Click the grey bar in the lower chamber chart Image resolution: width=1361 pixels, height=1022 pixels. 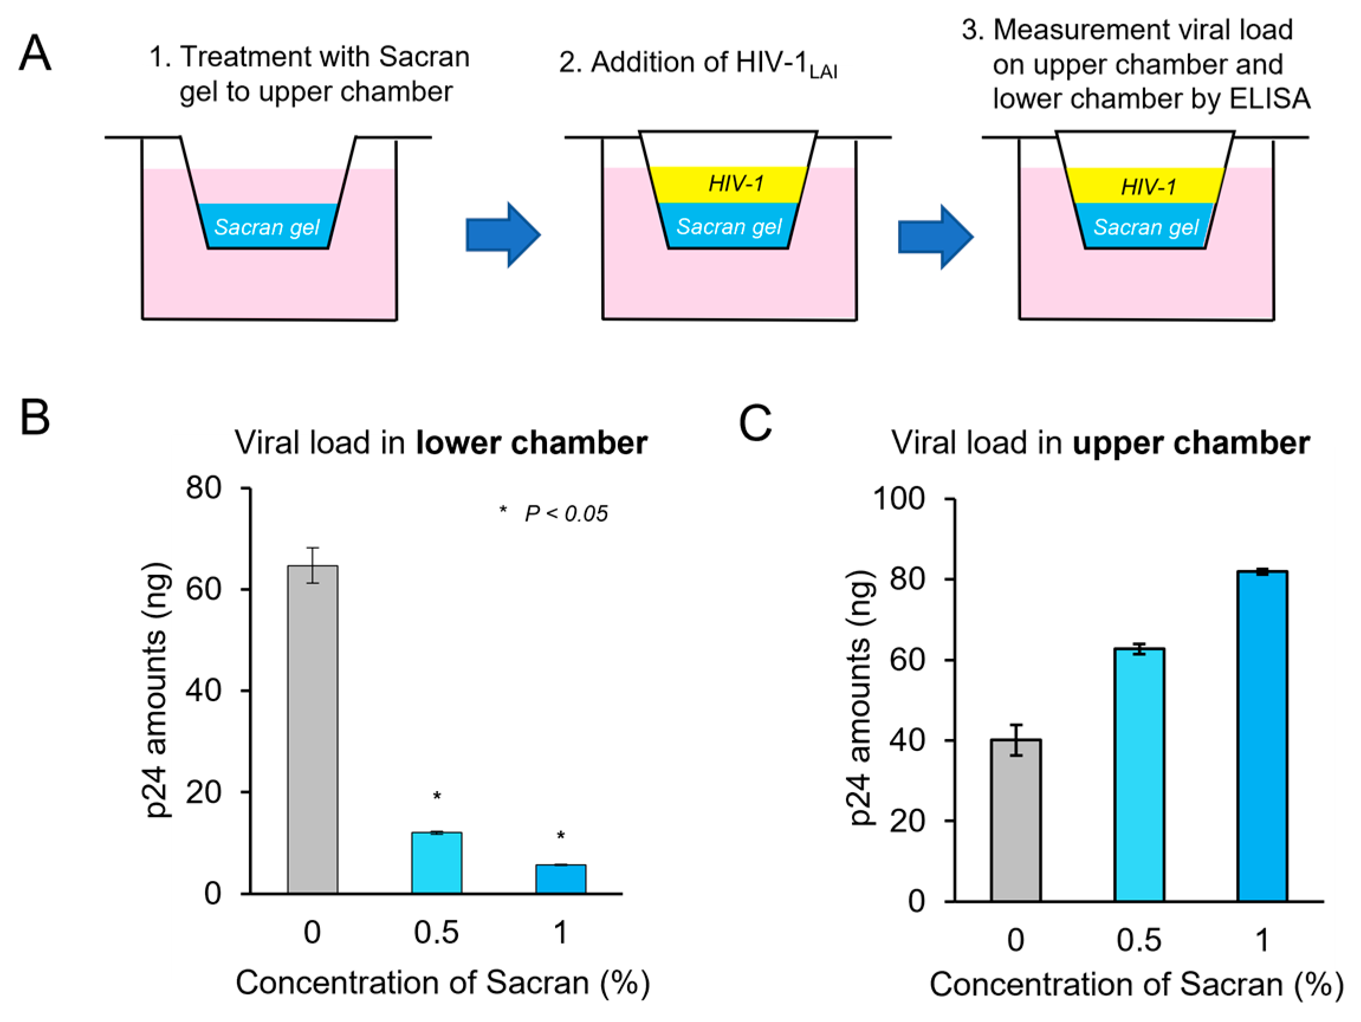pyautogui.click(x=313, y=728)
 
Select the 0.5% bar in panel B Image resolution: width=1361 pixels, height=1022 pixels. pyautogui.click(x=436, y=862)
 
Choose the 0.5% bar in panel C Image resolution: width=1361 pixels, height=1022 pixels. pyautogui.click(x=1139, y=775)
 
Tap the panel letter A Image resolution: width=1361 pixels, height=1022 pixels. pyautogui.click(x=34, y=54)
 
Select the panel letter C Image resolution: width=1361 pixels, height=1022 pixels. pyautogui.click(x=754, y=423)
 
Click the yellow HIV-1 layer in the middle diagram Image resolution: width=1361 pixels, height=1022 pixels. pyautogui.click(x=730, y=184)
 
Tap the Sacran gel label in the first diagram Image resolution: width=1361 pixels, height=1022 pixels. pyautogui.click(x=267, y=227)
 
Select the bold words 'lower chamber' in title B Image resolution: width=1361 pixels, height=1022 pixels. pyautogui.click(x=531, y=442)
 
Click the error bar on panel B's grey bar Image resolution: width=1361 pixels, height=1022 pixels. pyautogui.click(x=313, y=564)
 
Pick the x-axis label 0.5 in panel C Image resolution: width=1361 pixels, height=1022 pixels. pyautogui.click(x=1139, y=940)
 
